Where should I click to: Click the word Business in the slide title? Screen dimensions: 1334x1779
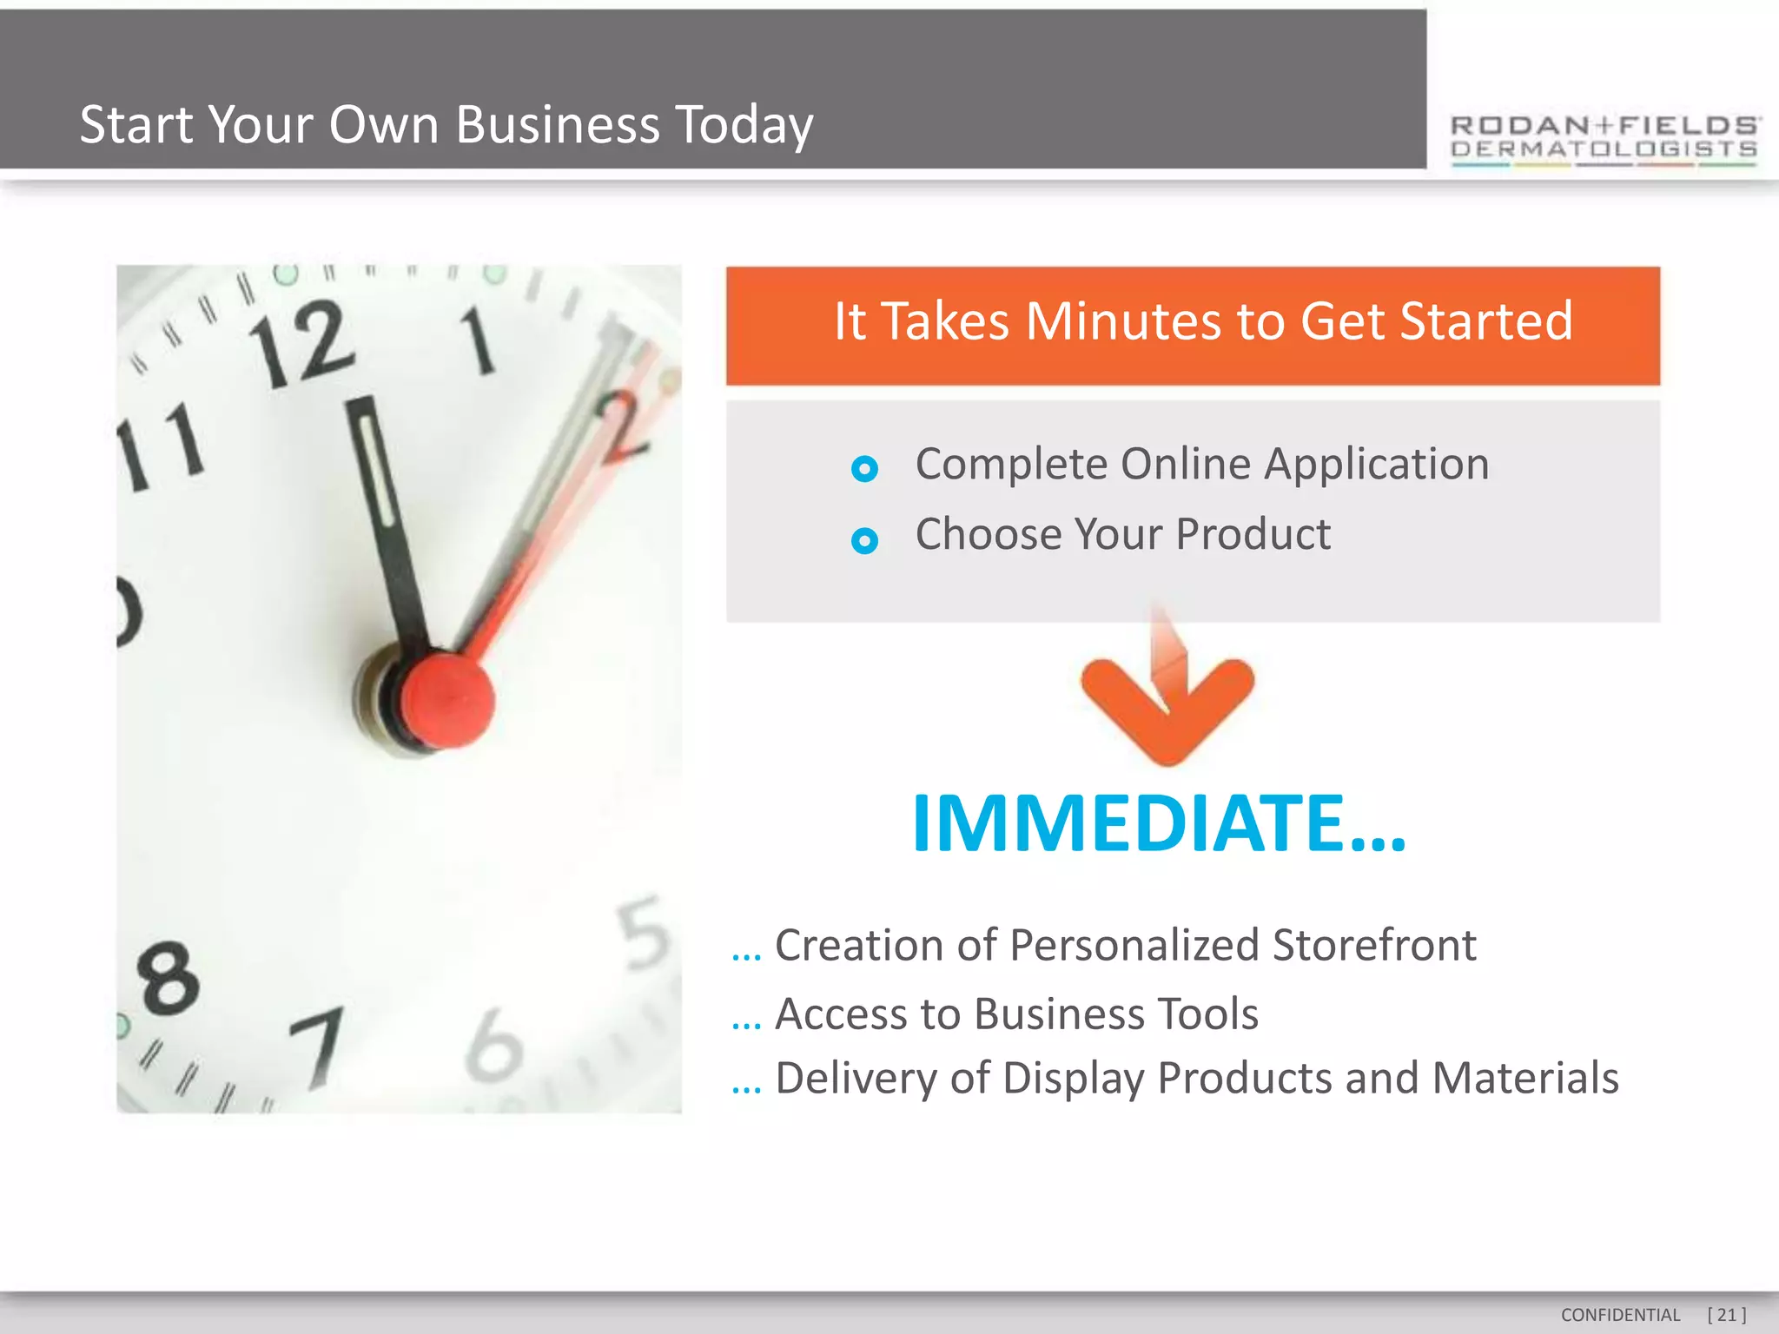pos(557,124)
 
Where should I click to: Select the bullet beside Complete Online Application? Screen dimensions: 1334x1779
pos(864,469)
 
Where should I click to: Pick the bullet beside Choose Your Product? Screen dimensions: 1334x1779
pos(864,541)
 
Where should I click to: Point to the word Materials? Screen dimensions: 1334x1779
pos(1525,1078)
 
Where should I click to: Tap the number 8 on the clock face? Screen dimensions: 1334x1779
pos(168,979)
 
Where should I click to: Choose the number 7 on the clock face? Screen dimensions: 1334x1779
pos(320,1047)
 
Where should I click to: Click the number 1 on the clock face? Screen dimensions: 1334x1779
pos(478,340)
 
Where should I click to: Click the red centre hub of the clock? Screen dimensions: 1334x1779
pos(447,702)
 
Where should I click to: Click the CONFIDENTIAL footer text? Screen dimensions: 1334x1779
pos(1620,1315)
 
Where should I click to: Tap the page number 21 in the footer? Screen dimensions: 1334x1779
pos(1726,1315)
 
